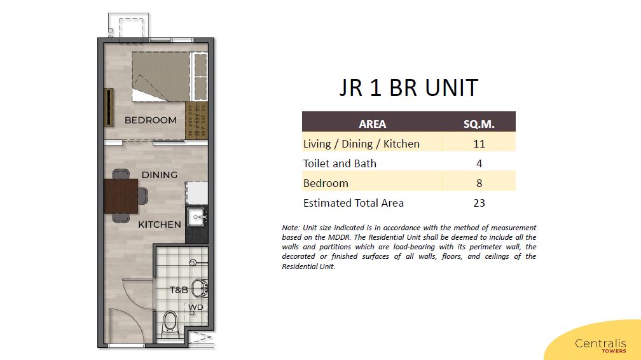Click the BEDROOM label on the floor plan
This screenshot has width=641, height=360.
click(x=151, y=120)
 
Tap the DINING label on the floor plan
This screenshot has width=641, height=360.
click(x=160, y=175)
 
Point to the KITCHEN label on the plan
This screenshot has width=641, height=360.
click(x=160, y=225)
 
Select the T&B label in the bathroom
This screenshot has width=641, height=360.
click(x=179, y=290)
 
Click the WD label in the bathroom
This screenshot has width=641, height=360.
click(x=195, y=307)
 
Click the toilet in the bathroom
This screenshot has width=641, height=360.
click(x=170, y=324)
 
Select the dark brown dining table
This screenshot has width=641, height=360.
click(x=121, y=196)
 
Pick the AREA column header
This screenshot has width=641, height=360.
click(x=373, y=124)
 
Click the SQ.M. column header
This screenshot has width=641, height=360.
click(x=479, y=124)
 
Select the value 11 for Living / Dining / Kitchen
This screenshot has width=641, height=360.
click(x=479, y=144)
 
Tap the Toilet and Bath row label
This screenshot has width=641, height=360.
click(x=340, y=163)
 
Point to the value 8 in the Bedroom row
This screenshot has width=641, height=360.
click(x=479, y=183)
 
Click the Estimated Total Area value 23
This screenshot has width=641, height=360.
click(x=479, y=203)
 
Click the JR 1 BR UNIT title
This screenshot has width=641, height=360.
click(x=409, y=88)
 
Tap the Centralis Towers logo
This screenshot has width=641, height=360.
click(x=600, y=345)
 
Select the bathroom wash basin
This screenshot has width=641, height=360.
click(x=200, y=288)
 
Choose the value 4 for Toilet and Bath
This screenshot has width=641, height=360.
click(x=479, y=163)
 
